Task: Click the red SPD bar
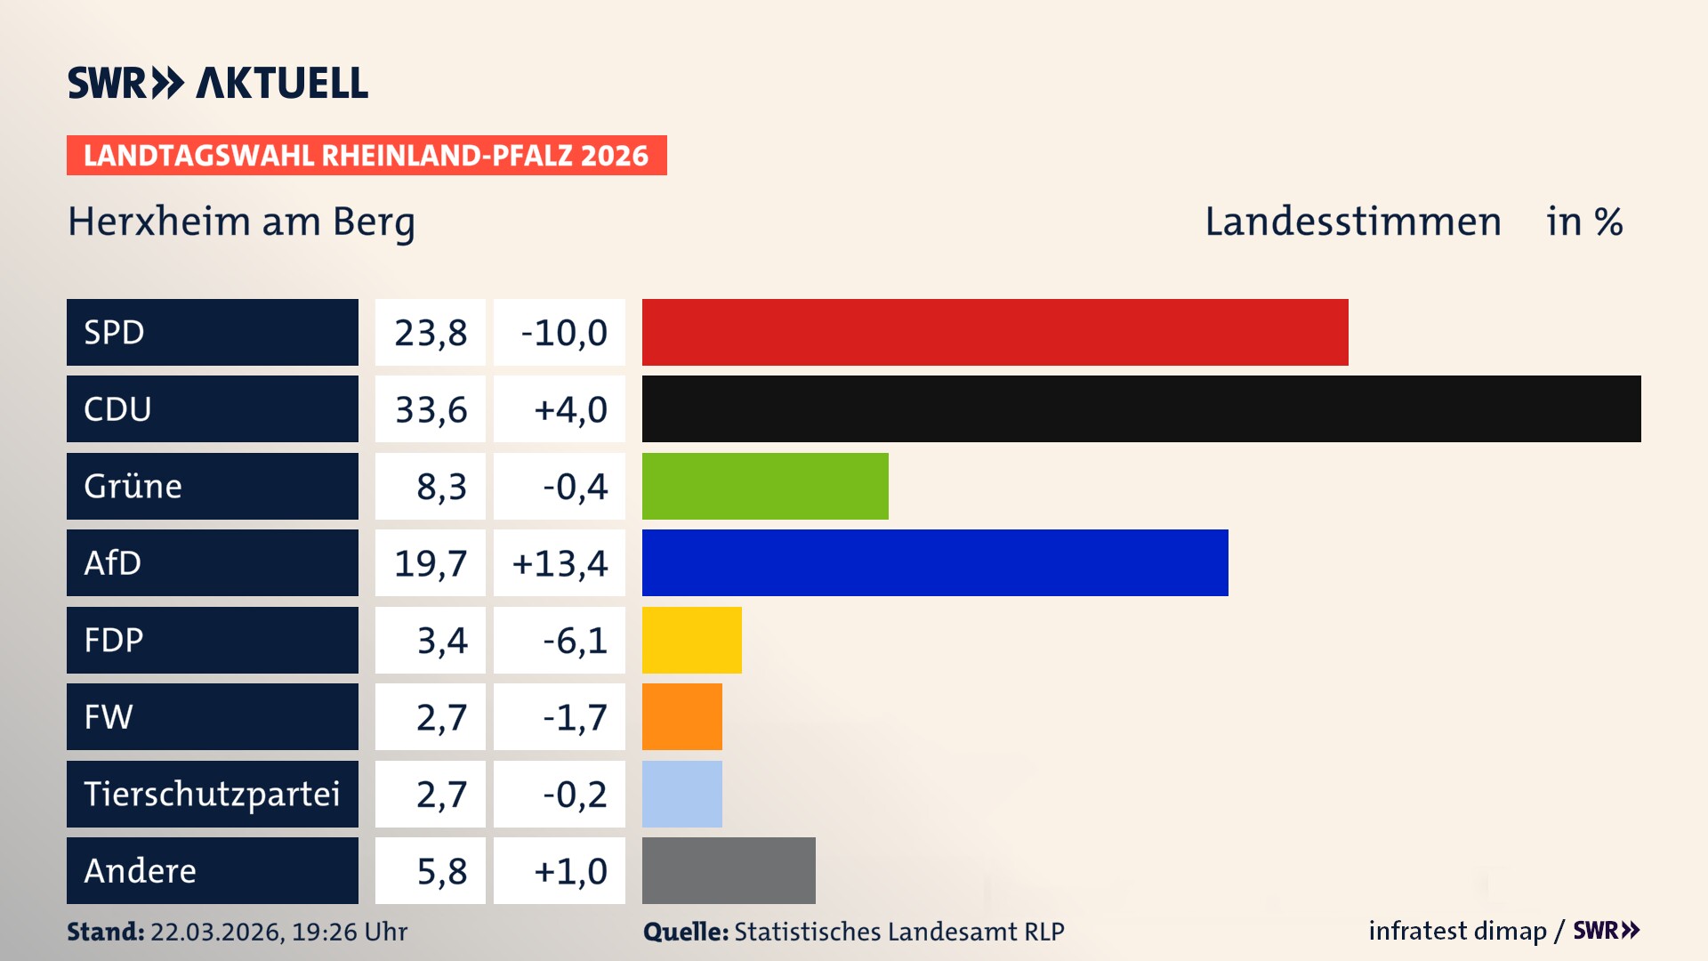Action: coord(995,332)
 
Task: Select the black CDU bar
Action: coord(1140,409)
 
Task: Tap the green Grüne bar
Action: coord(765,486)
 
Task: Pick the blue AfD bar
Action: coord(934,562)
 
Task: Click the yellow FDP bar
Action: coord(691,640)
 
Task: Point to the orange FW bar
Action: coord(681,716)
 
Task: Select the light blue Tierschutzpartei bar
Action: coord(681,794)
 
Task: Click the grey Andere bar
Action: coord(728,870)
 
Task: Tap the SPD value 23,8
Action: coord(431,333)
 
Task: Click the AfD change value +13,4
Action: coord(560,563)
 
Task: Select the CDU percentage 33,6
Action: coord(431,409)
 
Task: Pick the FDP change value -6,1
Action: coord(574,641)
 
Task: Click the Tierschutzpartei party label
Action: coord(212,794)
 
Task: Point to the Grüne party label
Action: coord(133,486)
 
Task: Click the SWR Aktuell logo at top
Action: coord(218,83)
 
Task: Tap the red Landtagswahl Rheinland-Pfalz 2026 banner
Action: coord(366,156)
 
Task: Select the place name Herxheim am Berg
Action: coord(241,222)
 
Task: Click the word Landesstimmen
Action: coord(1352,222)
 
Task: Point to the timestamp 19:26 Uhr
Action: coord(349,932)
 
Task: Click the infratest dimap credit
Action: coord(1456,931)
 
